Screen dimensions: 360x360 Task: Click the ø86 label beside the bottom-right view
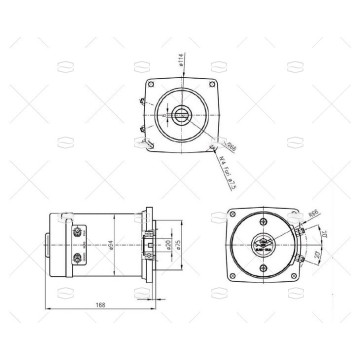coord(313,213)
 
